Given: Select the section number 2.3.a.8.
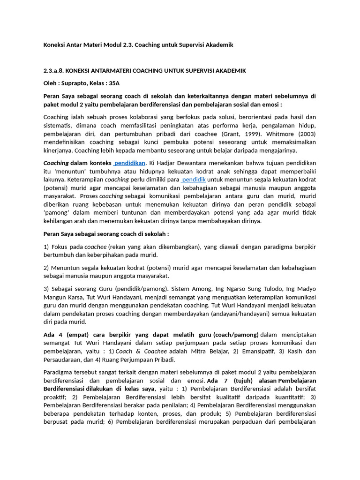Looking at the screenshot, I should coord(53,71).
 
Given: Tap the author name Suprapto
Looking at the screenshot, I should coord(74,83).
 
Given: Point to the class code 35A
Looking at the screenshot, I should coord(114,83).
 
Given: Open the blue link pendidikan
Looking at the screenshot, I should coord(130,163).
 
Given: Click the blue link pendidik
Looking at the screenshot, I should coord(194,180).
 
